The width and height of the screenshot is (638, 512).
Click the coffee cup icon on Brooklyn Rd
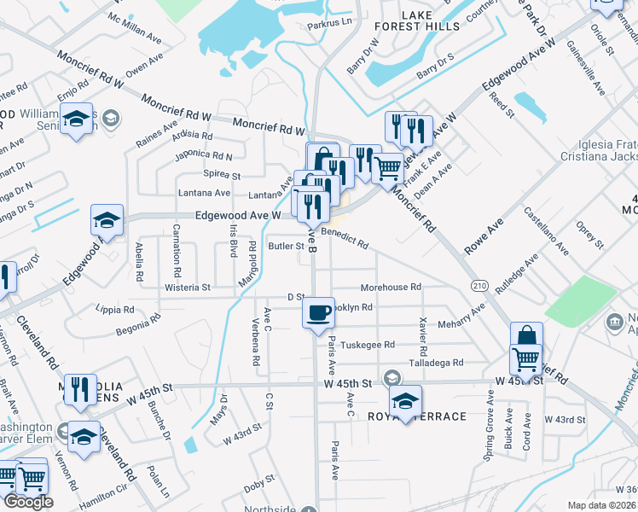(x=319, y=312)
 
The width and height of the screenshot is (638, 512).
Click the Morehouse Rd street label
(x=391, y=288)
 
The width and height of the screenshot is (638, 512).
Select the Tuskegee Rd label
(x=368, y=345)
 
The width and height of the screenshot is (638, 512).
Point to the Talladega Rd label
(x=435, y=363)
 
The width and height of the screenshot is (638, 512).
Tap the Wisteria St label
(x=188, y=288)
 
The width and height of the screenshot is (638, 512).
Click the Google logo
(x=28, y=502)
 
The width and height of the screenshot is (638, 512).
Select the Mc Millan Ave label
(x=135, y=28)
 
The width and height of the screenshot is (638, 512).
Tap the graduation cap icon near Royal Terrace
(x=406, y=399)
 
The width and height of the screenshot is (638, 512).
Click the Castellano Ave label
(x=546, y=230)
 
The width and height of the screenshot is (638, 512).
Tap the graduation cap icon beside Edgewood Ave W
(x=107, y=221)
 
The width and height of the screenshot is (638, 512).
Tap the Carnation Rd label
(x=177, y=249)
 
